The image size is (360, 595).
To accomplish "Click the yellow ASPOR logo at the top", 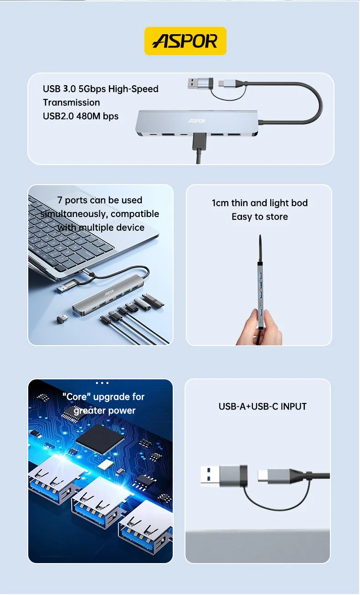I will (x=185, y=41).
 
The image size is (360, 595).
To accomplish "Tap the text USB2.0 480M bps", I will (x=81, y=116).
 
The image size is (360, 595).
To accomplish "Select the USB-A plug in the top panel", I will (x=201, y=83).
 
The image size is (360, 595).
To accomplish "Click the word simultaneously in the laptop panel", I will (x=73, y=214).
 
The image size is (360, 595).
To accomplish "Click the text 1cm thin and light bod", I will (x=259, y=203).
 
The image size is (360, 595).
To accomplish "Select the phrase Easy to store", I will (x=259, y=217).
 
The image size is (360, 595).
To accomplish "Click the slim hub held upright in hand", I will (x=261, y=292).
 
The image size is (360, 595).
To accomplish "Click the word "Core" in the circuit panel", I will (x=77, y=397).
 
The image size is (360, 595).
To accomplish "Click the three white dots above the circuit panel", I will (x=102, y=383).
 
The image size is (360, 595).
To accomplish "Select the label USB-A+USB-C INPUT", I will (x=262, y=406).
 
